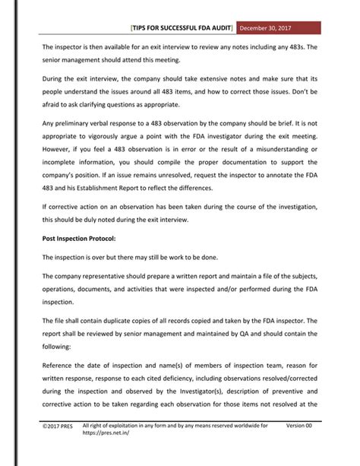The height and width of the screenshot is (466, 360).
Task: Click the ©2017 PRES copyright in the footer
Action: (x=58, y=448)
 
